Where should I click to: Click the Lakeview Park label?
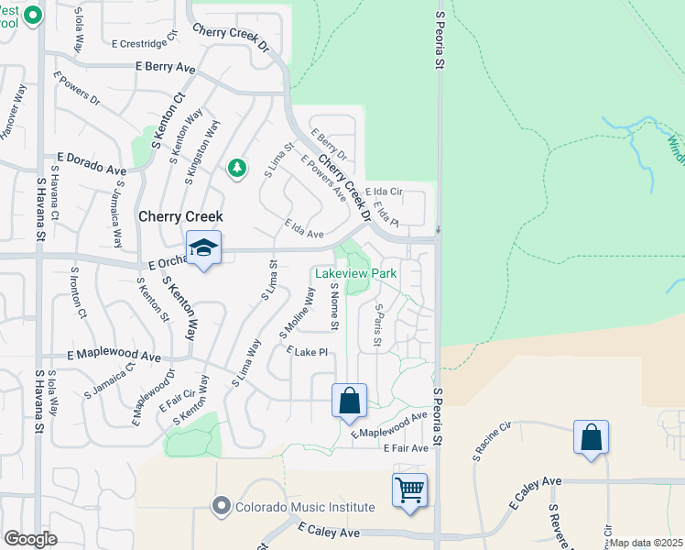(356, 273)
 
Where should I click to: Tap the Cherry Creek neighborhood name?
(181, 217)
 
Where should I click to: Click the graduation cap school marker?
(203, 248)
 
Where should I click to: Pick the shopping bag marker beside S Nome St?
(349, 401)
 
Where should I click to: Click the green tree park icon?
(237, 168)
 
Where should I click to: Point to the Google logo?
(30, 539)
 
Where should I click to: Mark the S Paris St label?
(376, 326)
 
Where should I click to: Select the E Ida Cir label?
(384, 192)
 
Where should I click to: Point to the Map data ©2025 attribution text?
(647, 543)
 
